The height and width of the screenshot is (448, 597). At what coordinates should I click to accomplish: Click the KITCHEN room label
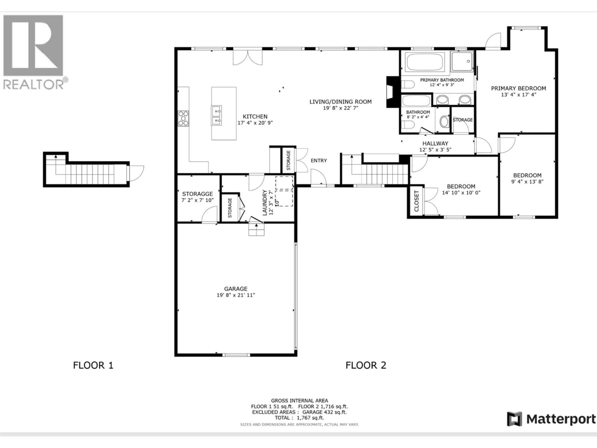click(255, 117)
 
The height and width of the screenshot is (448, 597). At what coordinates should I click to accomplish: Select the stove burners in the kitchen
click(183, 118)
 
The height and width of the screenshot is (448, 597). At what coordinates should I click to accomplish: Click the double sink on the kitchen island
click(216, 116)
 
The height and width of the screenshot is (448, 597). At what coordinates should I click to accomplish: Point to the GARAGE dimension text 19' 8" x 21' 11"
click(236, 295)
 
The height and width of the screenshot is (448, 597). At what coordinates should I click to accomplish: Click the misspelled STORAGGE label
click(197, 194)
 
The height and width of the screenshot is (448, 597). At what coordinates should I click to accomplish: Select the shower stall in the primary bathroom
click(462, 62)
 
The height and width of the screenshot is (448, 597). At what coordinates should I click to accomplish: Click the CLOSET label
click(416, 201)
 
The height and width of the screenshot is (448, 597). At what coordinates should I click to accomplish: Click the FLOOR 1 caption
click(93, 365)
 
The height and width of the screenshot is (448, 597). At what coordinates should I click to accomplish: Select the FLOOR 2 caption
click(366, 365)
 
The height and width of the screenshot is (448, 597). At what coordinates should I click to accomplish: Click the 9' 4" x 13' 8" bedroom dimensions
click(527, 182)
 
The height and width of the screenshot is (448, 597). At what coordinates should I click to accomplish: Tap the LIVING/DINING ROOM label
click(340, 102)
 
